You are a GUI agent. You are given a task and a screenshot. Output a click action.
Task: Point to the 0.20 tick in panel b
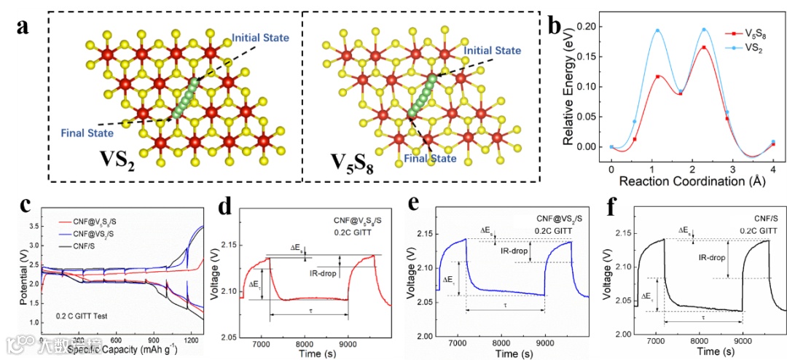pos(593,26)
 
